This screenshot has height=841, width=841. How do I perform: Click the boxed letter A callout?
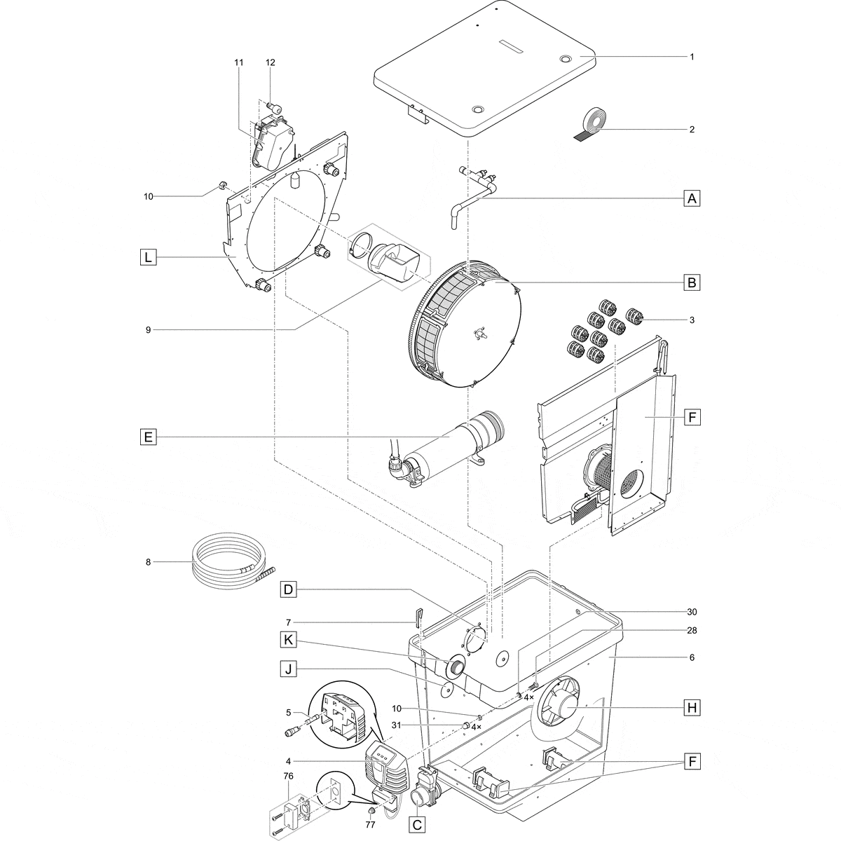pyautogui.click(x=692, y=198)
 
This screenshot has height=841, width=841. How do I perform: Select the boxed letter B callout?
pyautogui.click(x=692, y=283)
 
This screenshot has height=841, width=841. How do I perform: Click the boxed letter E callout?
pyautogui.click(x=147, y=437)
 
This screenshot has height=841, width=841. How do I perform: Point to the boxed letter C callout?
pyautogui.click(x=416, y=825)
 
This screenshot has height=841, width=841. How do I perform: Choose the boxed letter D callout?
pyautogui.click(x=287, y=589)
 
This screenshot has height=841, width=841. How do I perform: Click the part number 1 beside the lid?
pyautogui.click(x=691, y=57)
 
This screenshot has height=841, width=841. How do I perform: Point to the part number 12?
pyautogui.click(x=271, y=62)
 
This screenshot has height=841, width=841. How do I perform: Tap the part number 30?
pyautogui.click(x=691, y=611)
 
